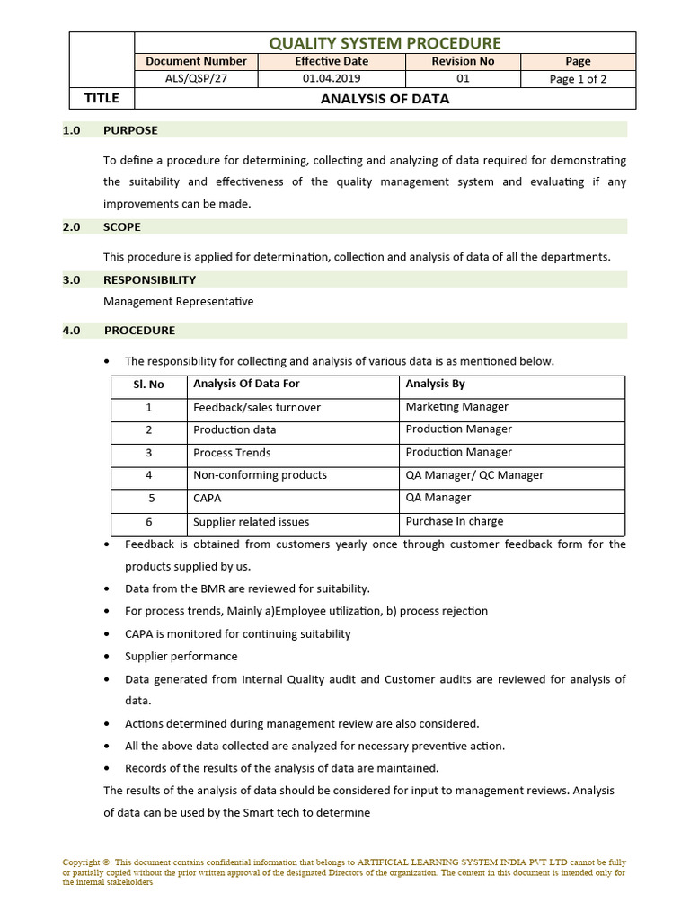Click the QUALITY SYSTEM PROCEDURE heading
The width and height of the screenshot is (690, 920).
click(x=385, y=43)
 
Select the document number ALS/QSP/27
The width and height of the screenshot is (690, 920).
click(x=196, y=79)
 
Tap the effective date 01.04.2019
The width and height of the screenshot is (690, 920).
click(x=332, y=79)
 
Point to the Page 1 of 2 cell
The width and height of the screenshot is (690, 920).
click(x=578, y=79)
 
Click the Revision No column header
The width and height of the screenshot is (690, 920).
click(x=463, y=61)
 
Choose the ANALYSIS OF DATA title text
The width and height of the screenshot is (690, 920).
click(x=385, y=99)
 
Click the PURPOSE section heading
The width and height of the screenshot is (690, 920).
click(x=130, y=130)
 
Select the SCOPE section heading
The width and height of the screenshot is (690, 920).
click(x=122, y=227)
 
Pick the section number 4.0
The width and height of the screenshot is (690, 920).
click(x=72, y=331)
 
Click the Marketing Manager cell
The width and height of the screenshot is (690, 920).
click(x=456, y=407)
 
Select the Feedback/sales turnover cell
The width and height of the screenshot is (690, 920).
click(x=256, y=408)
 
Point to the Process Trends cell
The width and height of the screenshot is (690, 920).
click(x=232, y=453)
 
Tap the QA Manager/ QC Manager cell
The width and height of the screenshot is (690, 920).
click(x=474, y=475)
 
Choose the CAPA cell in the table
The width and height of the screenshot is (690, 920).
click(x=207, y=499)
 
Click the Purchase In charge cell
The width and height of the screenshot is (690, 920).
click(x=454, y=521)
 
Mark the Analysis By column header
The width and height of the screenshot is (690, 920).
click(x=435, y=384)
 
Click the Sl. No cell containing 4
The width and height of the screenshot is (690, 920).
click(x=149, y=475)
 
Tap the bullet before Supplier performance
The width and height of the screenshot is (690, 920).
click(x=108, y=657)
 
